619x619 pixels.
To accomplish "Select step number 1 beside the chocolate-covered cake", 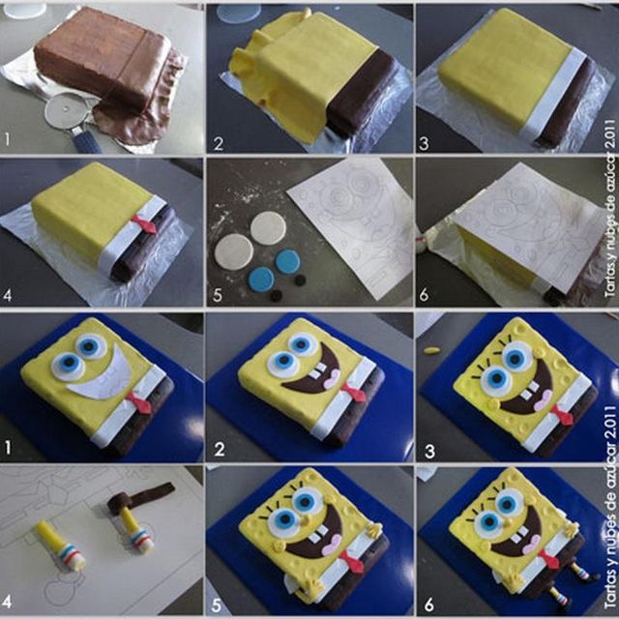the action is coord(7,139).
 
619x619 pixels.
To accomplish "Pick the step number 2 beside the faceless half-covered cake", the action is coord(219,144).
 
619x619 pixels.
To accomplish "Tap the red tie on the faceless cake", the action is coord(144,223).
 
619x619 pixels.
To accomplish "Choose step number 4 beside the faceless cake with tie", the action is coord(7,295).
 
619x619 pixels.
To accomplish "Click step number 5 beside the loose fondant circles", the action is coord(218,295).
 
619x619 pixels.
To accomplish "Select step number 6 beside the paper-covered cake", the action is coord(424,295).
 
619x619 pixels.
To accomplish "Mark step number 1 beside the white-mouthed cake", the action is coord(7,448).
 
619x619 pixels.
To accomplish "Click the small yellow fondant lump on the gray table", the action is coord(432,349).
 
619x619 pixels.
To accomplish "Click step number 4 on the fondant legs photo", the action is coord(7,602).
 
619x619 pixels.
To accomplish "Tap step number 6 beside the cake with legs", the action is coord(429,604).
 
